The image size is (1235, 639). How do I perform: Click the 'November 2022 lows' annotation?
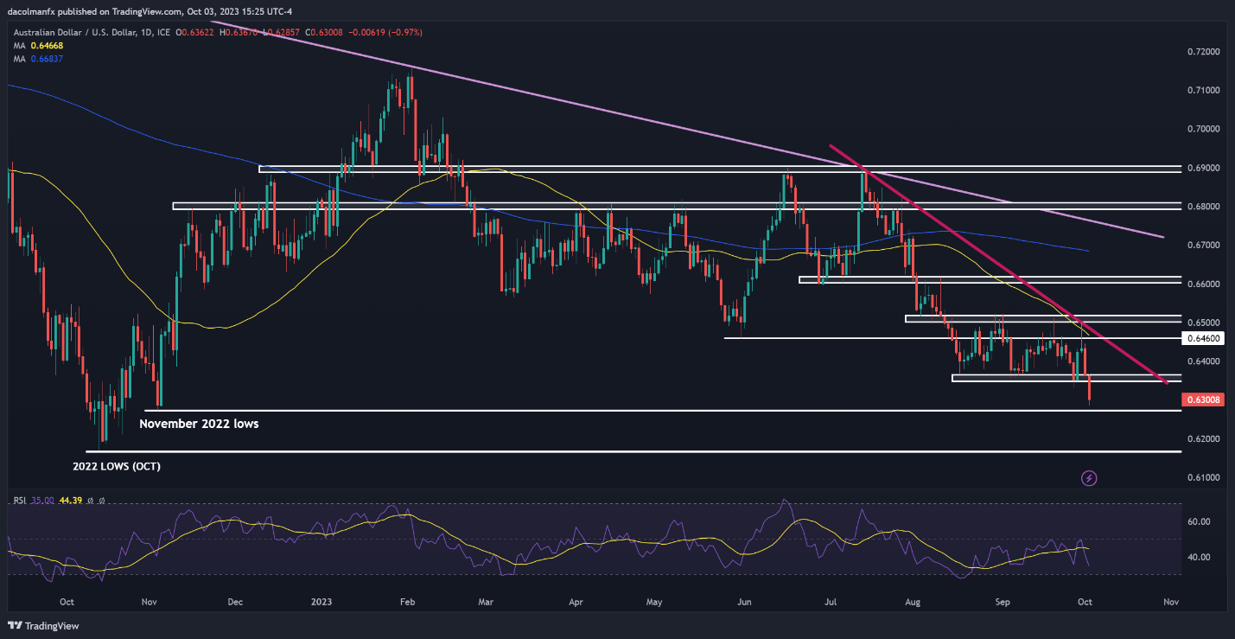coord(199,424)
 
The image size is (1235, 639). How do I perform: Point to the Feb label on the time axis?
coord(408,601)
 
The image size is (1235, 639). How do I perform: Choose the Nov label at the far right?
coord(1171,601)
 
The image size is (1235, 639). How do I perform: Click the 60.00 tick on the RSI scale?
coord(1198,522)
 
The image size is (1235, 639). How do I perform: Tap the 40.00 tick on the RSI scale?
coord(1198,557)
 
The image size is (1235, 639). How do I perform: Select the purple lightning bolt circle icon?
coord(1089,477)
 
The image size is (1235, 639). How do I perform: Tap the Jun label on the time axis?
coord(745,601)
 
